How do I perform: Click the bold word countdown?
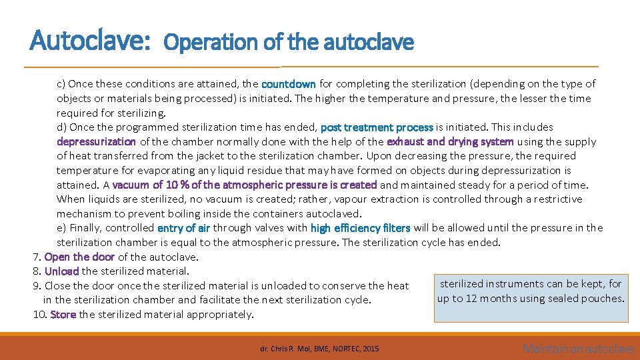(x=289, y=84)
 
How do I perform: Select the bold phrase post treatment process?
(x=377, y=127)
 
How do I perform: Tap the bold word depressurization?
(x=96, y=141)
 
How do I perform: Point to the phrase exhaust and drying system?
(x=450, y=141)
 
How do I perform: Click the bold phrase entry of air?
(x=183, y=228)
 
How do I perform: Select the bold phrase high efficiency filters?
(x=360, y=228)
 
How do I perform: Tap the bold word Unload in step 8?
(x=62, y=271)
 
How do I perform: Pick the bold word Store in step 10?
(x=63, y=315)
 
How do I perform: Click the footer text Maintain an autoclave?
(x=579, y=349)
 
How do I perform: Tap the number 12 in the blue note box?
(x=472, y=298)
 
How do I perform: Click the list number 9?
(x=36, y=286)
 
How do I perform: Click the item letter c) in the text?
(x=61, y=84)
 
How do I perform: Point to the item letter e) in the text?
(x=61, y=228)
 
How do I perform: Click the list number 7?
(x=36, y=257)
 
